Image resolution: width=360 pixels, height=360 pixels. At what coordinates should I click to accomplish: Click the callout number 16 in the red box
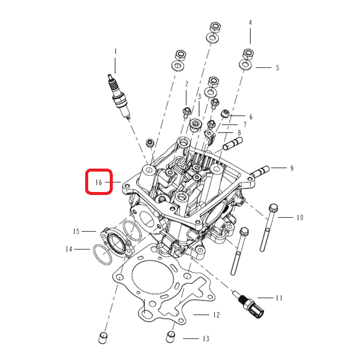[99, 182]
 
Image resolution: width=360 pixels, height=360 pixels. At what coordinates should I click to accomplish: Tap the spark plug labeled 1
[119, 97]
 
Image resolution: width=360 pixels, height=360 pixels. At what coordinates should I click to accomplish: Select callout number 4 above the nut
[250, 23]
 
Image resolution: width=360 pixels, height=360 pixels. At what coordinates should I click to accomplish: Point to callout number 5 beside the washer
[277, 68]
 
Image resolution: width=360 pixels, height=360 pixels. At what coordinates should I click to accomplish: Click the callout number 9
[292, 168]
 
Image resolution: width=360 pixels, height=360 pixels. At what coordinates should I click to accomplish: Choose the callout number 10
[300, 217]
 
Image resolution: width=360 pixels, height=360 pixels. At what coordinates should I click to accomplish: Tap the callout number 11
[279, 298]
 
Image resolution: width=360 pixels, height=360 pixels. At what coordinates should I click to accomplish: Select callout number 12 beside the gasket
[216, 315]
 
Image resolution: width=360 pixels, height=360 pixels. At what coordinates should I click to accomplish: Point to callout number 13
[206, 338]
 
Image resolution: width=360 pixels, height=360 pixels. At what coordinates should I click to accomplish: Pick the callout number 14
[69, 249]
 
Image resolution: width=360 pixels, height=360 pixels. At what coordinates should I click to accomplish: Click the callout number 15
[76, 232]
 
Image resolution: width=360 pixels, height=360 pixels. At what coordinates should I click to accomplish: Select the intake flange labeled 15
[116, 242]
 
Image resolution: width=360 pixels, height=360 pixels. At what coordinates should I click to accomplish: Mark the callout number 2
[187, 84]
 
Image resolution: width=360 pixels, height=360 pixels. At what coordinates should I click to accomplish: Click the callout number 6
[251, 117]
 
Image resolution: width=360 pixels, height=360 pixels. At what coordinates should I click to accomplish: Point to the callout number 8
[239, 133]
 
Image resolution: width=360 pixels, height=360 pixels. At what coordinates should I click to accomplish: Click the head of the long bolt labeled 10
[273, 208]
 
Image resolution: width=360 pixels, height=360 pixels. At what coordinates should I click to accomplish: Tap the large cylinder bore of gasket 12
[133, 278]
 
